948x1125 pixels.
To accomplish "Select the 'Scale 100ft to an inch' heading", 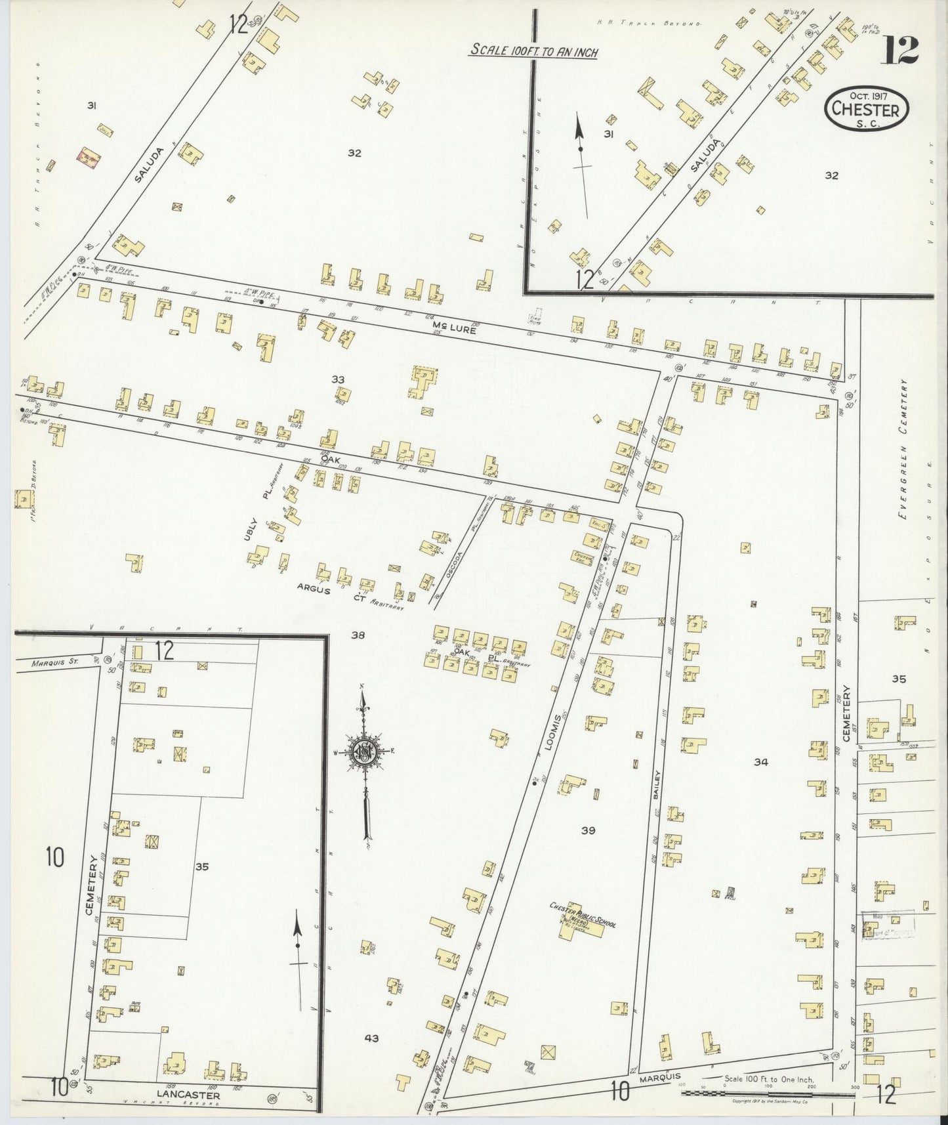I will pos(533,51).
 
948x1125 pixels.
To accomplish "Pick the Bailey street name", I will pos(656,782).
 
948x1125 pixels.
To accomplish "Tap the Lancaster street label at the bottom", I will pos(188,1094).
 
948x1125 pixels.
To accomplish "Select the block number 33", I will pos(338,379).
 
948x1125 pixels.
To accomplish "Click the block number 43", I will pos(372,1038).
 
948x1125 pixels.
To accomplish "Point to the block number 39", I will pos(588,831).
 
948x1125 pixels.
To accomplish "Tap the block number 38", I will pos(358,635).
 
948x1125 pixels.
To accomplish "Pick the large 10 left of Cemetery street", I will pos(54,857).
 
